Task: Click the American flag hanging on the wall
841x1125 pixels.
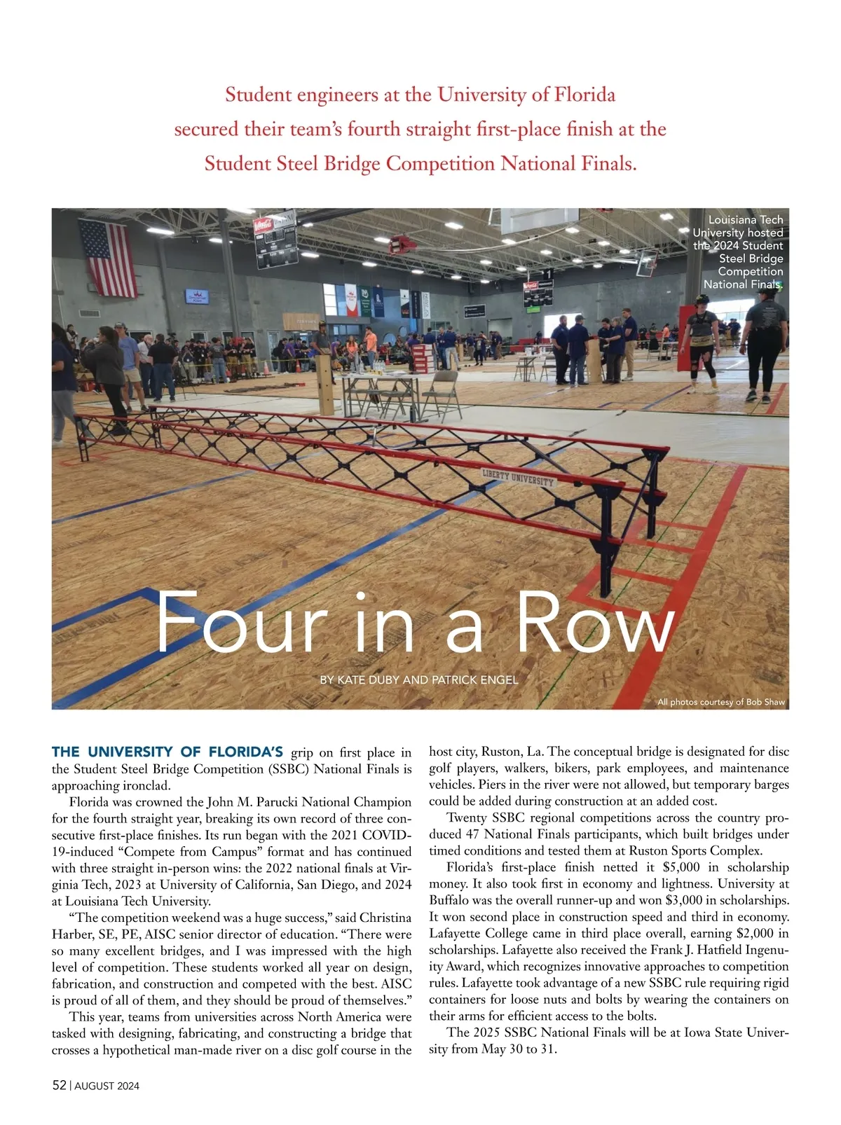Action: (108, 258)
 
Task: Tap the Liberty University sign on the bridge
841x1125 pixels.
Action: (518, 479)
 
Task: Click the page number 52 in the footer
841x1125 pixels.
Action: (59, 1085)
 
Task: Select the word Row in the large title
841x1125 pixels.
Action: (595, 623)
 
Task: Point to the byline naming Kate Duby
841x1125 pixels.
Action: (418, 679)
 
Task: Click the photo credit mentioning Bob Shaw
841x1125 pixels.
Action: (720, 702)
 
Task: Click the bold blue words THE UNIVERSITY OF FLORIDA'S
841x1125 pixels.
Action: (167, 752)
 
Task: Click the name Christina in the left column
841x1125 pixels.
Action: (385, 918)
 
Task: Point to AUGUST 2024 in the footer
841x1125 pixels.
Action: (107, 1086)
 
